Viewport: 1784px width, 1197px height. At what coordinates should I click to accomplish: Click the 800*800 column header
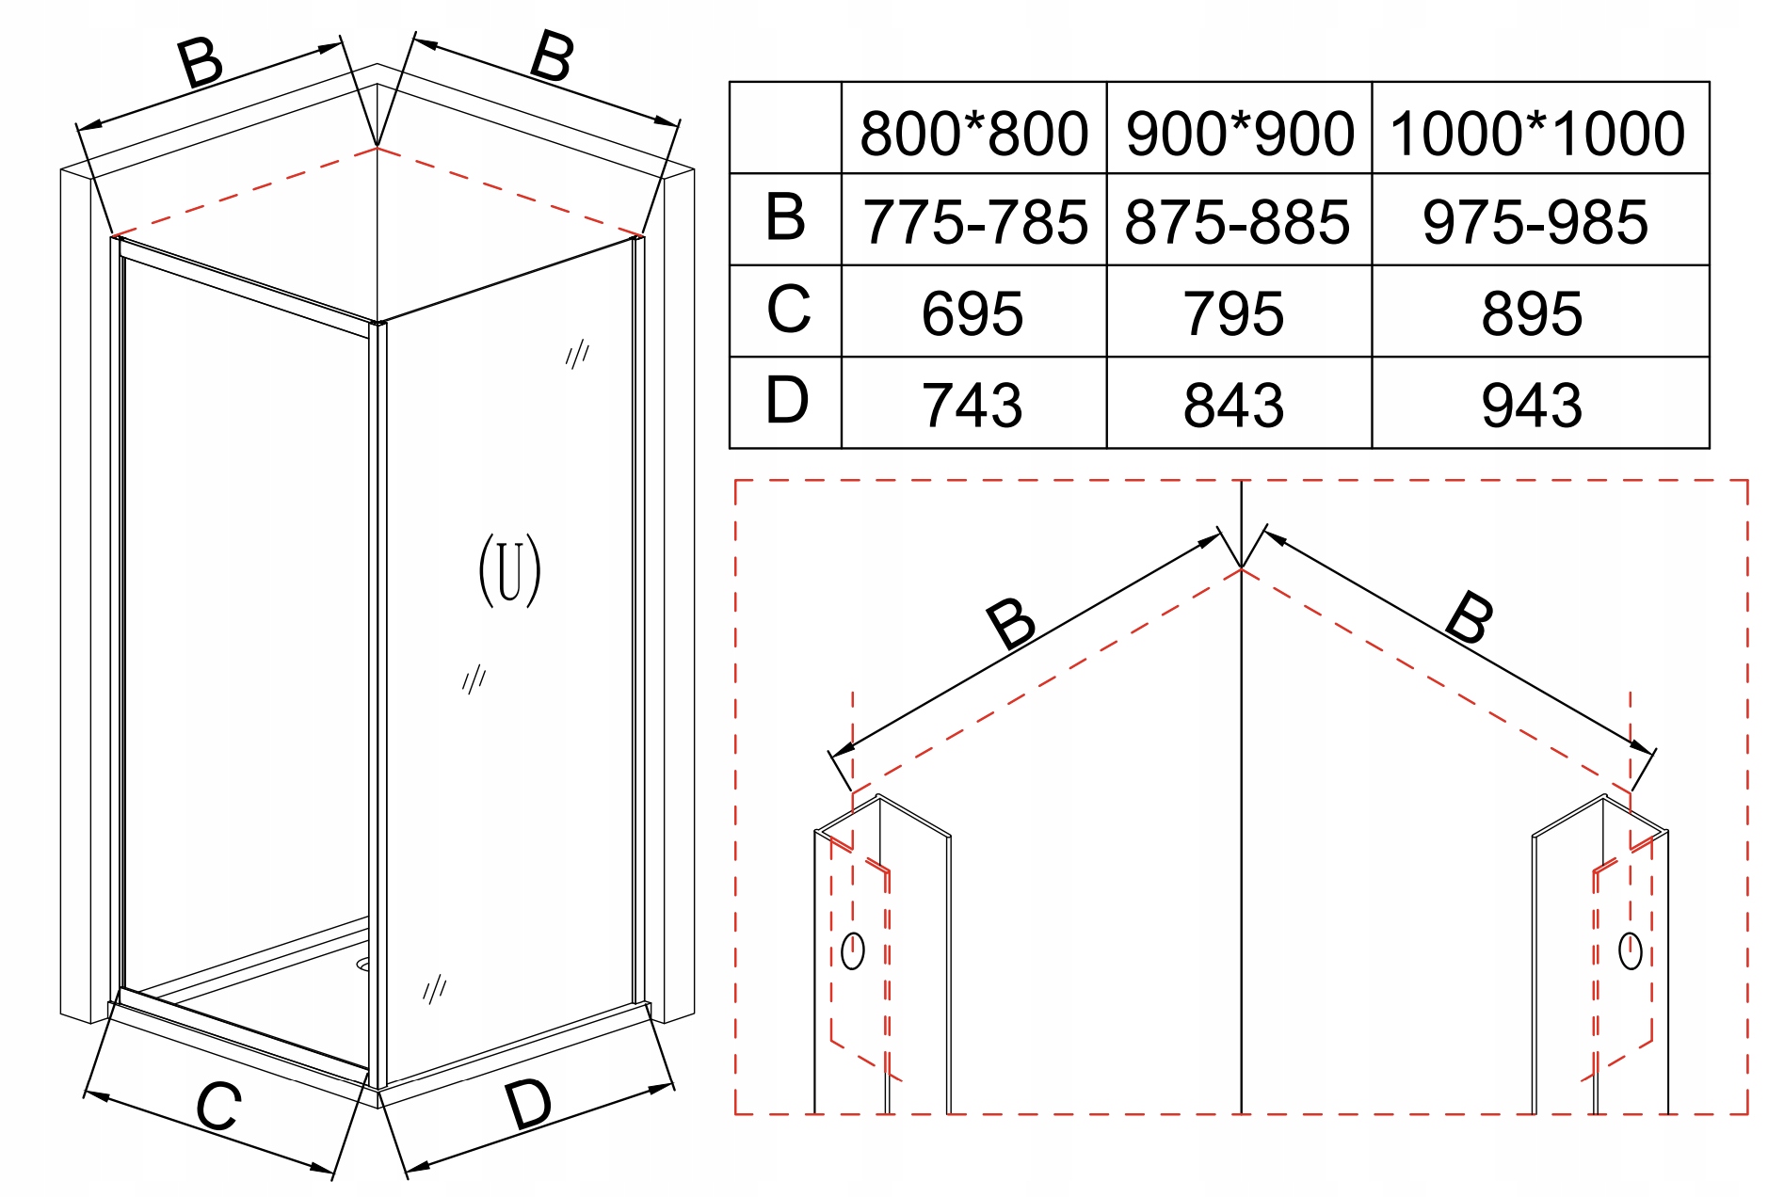(973, 133)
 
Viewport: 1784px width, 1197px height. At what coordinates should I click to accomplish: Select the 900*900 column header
(1239, 133)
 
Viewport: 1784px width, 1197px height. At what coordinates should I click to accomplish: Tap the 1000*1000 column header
(1537, 133)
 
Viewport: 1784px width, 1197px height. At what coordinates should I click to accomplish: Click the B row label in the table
(785, 217)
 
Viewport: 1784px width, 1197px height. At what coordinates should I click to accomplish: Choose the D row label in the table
(786, 400)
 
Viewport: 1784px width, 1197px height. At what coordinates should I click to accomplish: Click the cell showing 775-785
(974, 222)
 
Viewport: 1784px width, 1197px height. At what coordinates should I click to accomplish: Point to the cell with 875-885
(1237, 222)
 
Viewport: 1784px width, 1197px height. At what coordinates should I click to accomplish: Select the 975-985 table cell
(1535, 222)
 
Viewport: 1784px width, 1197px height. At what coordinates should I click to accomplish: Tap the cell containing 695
(972, 313)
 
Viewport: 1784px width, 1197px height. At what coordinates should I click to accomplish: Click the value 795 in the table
(1233, 313)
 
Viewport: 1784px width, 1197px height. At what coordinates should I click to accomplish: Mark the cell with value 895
(1532, 313)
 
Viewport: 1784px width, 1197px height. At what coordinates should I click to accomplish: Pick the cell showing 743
(972, 405)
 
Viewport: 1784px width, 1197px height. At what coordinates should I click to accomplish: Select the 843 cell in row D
(1233, 405)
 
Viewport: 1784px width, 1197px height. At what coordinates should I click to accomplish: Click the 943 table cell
(1532, 405)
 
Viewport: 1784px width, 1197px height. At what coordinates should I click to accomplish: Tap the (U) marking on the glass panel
(509, 570)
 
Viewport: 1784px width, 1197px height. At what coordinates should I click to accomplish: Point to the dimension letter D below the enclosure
(527, 1103)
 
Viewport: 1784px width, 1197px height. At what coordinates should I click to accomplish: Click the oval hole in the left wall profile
(852, 950)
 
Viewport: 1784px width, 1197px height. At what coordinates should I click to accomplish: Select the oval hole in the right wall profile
(1630, 950)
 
